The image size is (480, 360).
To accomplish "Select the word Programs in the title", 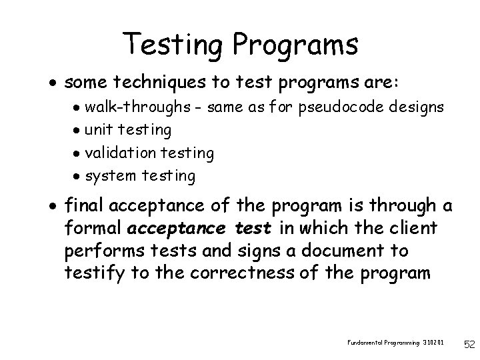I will pos(296,45).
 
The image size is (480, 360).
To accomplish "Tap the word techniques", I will pos(151,82).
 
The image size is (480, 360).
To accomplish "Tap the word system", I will pos(110,176).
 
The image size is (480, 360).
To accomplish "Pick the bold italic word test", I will pos(253,229).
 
